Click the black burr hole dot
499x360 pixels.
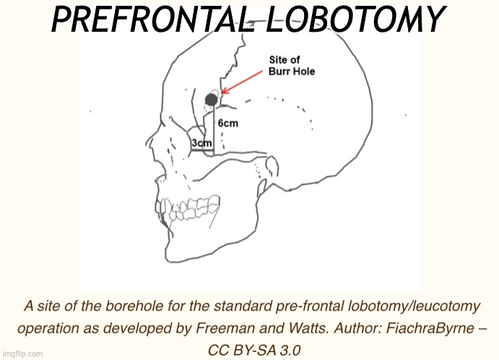[x=212, y=99]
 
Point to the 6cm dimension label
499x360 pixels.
[x=228, y=123]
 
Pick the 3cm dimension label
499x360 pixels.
[x=201, y=144]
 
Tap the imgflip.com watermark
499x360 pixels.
[x=23, y=354]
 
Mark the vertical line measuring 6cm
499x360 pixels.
[x=214, y=130]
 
